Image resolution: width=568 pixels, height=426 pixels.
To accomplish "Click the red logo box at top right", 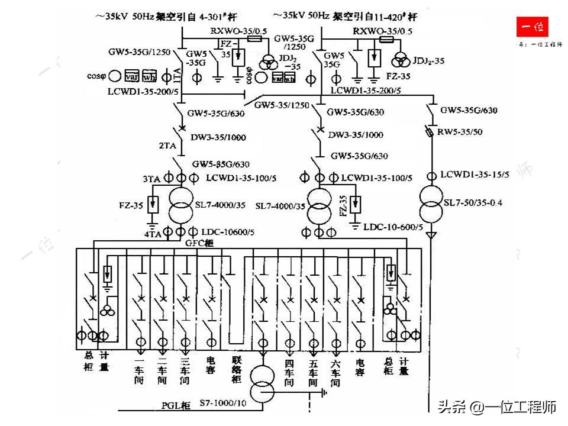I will click(531, 27).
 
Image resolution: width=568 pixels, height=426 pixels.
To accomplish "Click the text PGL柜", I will click(176, 405).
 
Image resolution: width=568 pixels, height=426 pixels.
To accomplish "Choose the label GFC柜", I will click(198, 243).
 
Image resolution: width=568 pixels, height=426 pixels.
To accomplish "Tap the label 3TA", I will click(153, 179).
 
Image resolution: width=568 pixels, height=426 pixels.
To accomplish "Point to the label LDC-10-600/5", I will click(393, 227).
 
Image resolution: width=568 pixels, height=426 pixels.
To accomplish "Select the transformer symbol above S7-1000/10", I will click(263, 383).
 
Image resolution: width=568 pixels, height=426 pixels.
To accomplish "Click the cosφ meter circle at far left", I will click(115, 76).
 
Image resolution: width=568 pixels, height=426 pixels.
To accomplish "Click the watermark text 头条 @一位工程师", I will click(496, 407).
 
